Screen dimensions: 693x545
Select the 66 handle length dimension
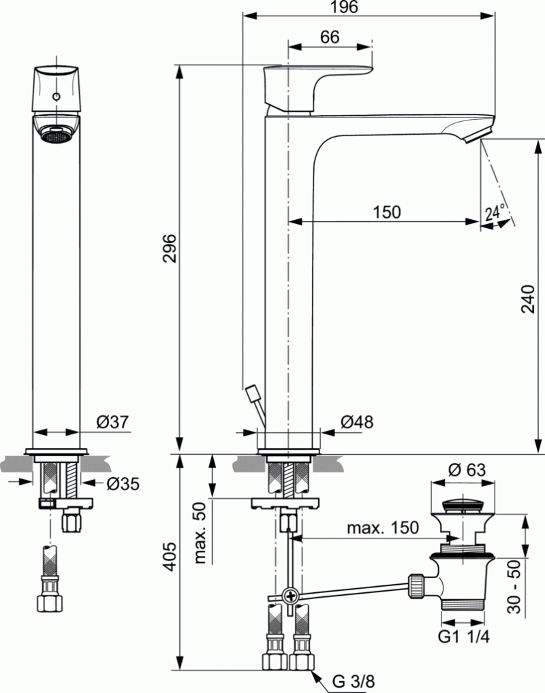(329, 37)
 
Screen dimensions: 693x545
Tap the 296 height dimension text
(170, 249)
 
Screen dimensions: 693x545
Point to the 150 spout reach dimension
(386, 212)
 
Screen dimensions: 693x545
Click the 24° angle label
(495, 213)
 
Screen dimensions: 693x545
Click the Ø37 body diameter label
(112, 423)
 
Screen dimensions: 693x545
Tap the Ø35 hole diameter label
(123, 483)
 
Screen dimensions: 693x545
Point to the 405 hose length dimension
(170, 557)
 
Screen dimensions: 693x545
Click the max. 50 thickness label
(200, 534)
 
